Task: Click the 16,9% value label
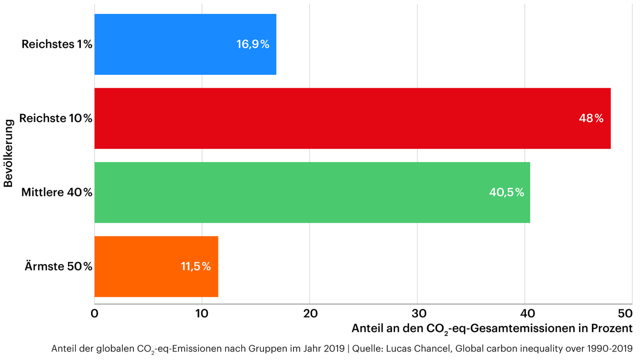252,44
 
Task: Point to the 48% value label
591,118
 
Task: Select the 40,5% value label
506,192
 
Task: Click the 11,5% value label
195,266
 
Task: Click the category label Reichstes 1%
56,44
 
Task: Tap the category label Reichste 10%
55,118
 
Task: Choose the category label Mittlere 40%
56,192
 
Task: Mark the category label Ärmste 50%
58,266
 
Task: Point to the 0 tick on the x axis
94,313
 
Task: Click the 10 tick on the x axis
202,313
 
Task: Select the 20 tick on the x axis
310,313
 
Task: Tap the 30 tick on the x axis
417,313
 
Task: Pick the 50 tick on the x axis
625,313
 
